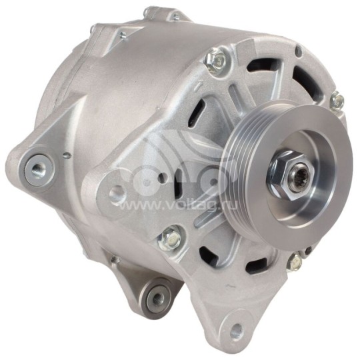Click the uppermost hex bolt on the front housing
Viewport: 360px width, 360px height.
[x=216, y=60]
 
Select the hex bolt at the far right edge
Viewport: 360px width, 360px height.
[x=337, y=101]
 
